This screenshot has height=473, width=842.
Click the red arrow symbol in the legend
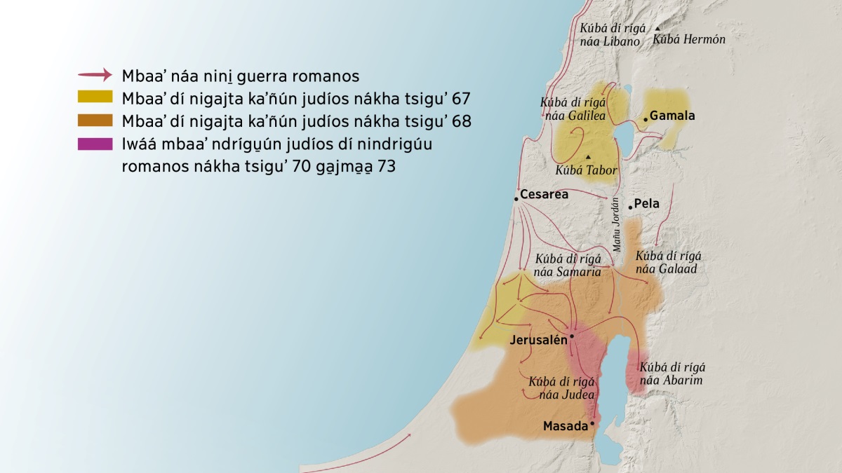(x=95, y=75)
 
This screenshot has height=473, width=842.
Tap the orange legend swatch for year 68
(x=95, y=121)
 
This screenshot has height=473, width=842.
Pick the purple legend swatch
(x=95, y=144)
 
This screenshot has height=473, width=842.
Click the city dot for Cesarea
(x=516, y=199)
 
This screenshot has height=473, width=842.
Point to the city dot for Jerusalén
(x=572, y=336)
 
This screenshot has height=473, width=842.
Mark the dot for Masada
(x=592, y=423)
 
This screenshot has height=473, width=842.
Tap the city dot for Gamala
(x=646, y=120)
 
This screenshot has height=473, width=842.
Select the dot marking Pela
(x=630, y=206)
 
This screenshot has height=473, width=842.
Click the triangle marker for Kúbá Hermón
(x=657, y=29)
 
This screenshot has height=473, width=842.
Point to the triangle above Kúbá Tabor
(x=588, y=156)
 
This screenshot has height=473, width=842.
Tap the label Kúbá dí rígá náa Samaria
(x=568, y=266)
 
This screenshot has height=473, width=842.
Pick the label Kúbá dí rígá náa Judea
(x=562, y=388)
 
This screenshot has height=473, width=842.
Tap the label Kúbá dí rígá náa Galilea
(x=573, y=109)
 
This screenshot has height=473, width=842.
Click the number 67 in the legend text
(x=461, y=97)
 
